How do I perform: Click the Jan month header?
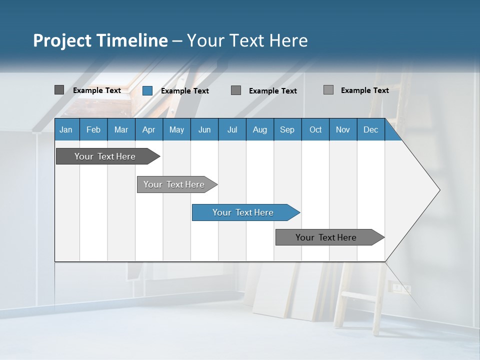click(x=66, y=129)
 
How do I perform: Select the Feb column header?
click(x=93, y=129)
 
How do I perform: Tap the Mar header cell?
click(x=121, y=129)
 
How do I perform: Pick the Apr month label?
click(x=148, y=129)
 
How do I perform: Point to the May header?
click(x=176, y=129)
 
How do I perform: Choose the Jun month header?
click(x=204, y=129)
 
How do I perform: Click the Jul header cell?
click(x=232, y=129)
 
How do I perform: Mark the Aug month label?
click(x=259, y=129)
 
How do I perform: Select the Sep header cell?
click(x=287, y=129)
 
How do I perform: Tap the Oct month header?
click(x=315, y=129)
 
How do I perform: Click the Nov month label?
click(x=342, y=129)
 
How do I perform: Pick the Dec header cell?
click(x=370, y=129)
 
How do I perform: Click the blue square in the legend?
click(x=147, y=90)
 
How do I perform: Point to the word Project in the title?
click(x=62, y=40)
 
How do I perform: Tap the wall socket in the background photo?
click(x=399, y=288)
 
